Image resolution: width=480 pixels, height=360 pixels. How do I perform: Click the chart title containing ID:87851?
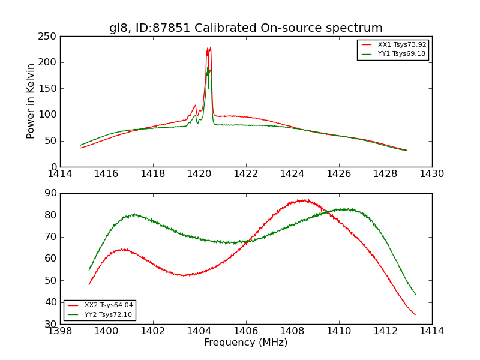(245, 28)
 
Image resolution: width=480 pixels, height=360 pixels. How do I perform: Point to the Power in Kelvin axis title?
(31, 101)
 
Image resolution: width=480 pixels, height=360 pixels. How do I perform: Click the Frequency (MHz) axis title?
(245, 343)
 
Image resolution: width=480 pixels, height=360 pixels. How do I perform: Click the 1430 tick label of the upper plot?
(431, 174)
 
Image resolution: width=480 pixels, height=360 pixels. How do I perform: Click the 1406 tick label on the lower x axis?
(245, 331)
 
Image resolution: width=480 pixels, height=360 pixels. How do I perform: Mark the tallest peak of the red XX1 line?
(210, 47)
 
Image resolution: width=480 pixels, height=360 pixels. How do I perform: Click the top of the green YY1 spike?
(208, 68)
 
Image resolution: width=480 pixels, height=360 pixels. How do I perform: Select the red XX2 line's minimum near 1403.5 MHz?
(186, 275)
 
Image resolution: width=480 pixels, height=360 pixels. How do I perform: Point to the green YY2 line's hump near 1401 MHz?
(134, 214)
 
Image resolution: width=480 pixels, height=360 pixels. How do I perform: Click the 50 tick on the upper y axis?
(52, 141)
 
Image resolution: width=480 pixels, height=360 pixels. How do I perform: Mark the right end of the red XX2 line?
(415, 314)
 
